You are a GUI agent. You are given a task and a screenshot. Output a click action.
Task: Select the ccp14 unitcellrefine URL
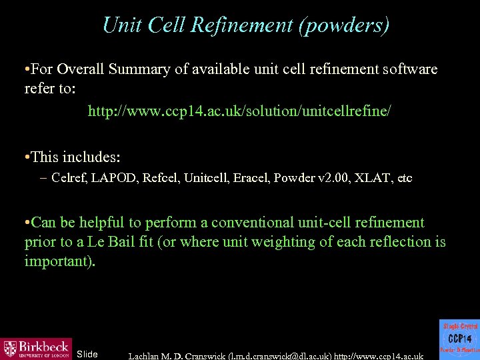click(239, 111)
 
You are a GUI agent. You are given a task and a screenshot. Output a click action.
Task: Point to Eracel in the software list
click(251, 178)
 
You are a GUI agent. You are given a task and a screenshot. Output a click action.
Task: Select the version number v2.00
click(327, 178)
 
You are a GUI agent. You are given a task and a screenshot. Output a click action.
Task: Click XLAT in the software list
click(372, 178)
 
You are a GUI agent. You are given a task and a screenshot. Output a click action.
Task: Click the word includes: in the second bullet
click(91, 157)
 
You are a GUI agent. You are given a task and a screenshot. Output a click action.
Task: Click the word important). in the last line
click(60, 261)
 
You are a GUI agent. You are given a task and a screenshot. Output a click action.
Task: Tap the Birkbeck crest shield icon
click(11, 348)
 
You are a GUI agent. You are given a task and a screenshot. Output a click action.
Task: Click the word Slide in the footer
click(87, 354)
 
